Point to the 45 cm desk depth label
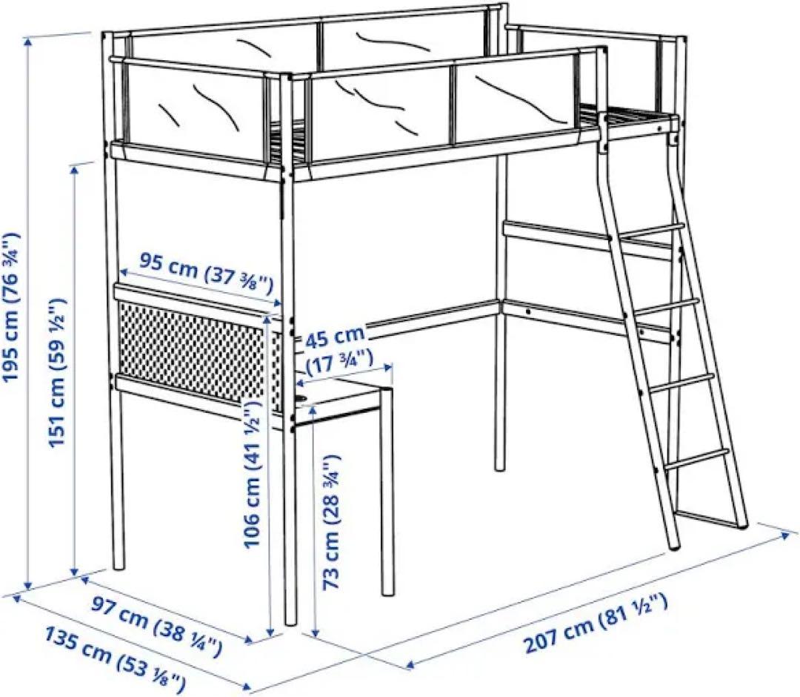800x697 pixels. [x=335, y=337]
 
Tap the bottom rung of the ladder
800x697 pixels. [x=694, y=458]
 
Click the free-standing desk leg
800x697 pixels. [x=387, y=493]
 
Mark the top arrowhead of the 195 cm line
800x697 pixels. [x=28, y=41]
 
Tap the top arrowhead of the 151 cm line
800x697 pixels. [x=75, y=170]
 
